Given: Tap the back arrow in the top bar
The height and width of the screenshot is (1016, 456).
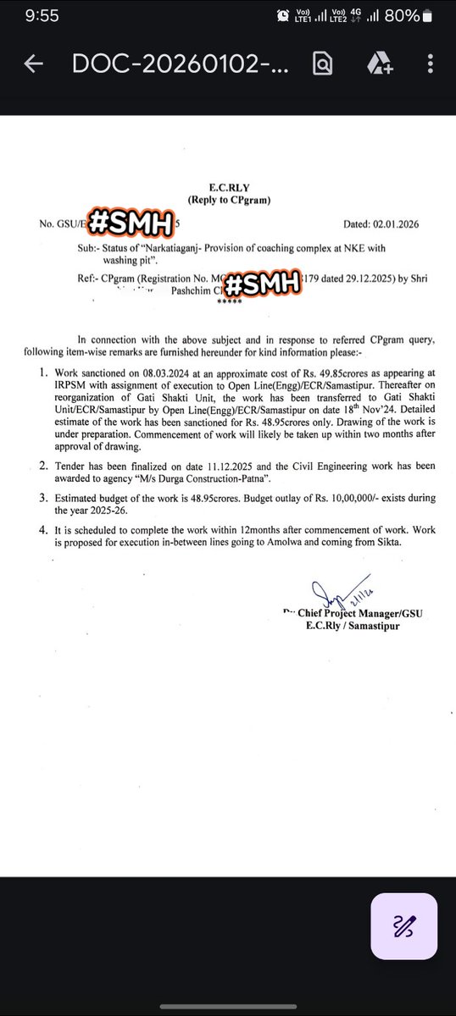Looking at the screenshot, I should pos(34,64).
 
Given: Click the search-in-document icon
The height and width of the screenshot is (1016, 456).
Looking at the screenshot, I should pos(321,64).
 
